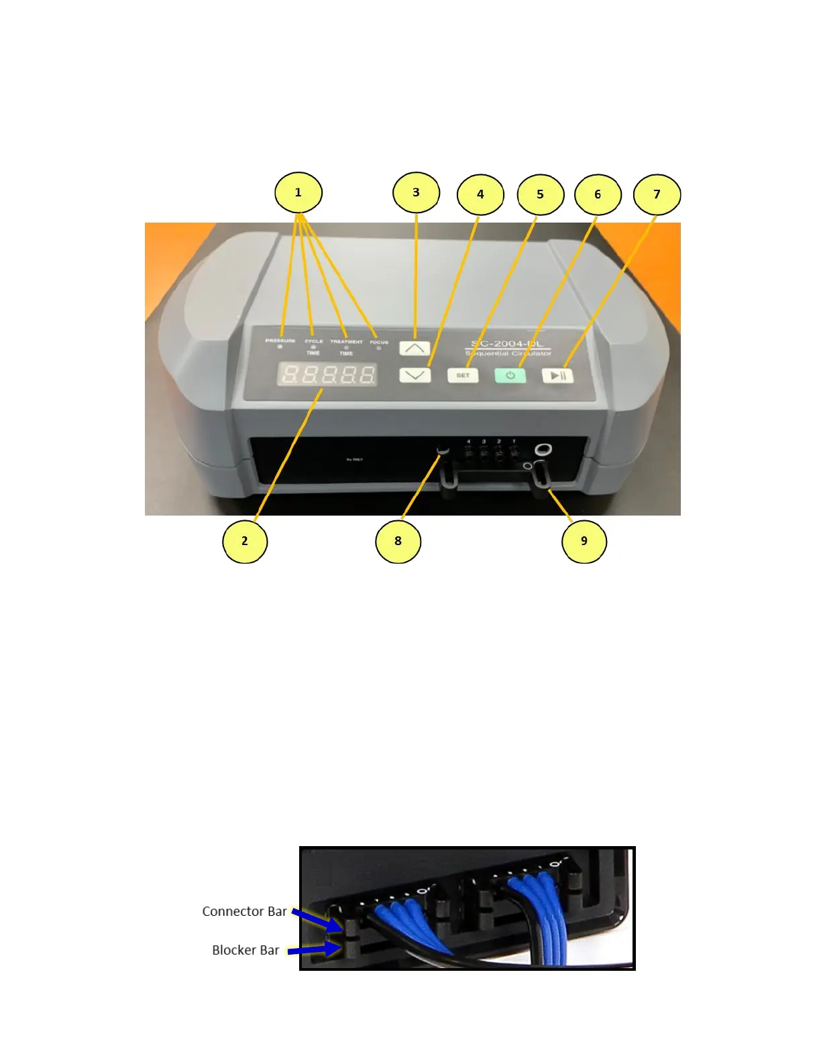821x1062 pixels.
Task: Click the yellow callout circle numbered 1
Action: (298, 193)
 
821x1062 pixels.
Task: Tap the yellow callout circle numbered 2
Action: (245, 541)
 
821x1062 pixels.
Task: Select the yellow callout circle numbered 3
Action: (416, 193)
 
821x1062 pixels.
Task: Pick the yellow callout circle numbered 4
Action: (480, 194)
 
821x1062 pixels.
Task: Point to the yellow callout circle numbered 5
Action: (540, 194)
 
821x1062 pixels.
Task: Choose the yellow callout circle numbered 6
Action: (598, 194)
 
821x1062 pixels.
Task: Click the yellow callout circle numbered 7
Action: (657, 194)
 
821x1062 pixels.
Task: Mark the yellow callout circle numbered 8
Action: (398, 541)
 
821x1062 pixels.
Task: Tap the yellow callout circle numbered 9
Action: (584, 541)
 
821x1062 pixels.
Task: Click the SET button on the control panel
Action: (463, 375)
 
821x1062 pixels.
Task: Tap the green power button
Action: (510, 375)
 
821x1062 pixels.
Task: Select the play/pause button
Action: (558, 375)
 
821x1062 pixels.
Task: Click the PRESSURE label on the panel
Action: (280, 341)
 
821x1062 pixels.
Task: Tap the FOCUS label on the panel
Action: (379, 342)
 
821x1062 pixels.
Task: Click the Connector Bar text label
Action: (244, 912)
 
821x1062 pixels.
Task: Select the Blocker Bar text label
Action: (245, 950)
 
